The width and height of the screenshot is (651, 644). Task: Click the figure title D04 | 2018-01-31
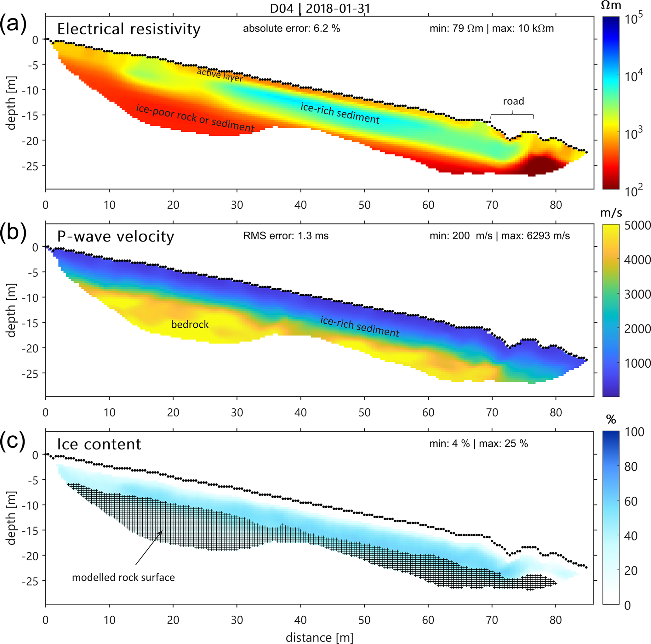[320, 8]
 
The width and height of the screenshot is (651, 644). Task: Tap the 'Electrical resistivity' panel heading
[129, 29]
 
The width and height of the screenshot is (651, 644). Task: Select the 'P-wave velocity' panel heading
[116, 236]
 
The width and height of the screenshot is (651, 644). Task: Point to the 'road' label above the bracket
[513, 101]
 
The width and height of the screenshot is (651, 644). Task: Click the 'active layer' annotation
[220, 75]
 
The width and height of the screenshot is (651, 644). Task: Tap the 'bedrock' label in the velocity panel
[190, 324]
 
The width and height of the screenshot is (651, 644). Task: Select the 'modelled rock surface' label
[123, 577]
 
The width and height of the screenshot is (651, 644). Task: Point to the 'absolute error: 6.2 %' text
[291, 29]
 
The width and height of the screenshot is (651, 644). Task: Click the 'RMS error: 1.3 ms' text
[286, 236]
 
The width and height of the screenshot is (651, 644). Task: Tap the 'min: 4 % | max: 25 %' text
[478, 443]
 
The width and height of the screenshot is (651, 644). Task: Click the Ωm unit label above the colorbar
[611, 5]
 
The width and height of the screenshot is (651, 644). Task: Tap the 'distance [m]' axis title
[319, 637]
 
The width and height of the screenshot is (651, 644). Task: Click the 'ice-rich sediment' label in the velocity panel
[360, 326]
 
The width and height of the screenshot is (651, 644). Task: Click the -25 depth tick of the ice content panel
[31, 581]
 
